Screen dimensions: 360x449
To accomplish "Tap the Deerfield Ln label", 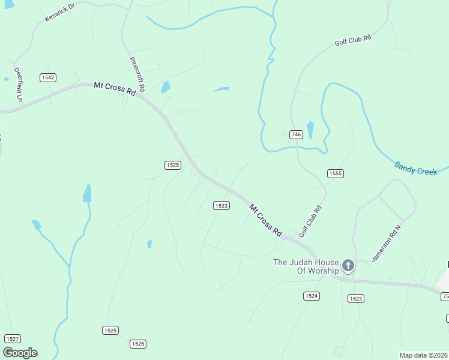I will pos(19,84).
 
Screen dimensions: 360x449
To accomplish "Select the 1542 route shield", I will pos(48,77).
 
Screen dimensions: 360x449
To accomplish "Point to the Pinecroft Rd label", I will pos(137,74).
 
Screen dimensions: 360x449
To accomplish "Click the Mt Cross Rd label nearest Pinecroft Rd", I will pos(114,88).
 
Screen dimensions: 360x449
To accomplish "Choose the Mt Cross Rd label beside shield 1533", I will pos(265,220).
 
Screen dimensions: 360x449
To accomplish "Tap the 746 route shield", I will pos(295,134).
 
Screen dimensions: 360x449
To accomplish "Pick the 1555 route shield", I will pos(335,173).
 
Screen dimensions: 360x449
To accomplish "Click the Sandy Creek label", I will pos(416,169).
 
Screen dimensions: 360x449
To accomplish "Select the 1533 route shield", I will pos(221,206).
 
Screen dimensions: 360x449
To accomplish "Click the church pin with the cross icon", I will pos(348,266).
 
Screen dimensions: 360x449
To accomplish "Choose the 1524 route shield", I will pos(312,296).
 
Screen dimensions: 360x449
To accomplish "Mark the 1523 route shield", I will pos(355,298).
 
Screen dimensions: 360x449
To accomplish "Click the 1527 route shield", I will pos(13,339).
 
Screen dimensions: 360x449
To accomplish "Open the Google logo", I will pos(20,353).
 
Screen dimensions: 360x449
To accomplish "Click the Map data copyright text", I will pos(423,355).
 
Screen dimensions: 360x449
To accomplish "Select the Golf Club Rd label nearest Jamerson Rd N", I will pos(310,221).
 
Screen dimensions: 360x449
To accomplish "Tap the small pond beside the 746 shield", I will pos(310,130).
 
